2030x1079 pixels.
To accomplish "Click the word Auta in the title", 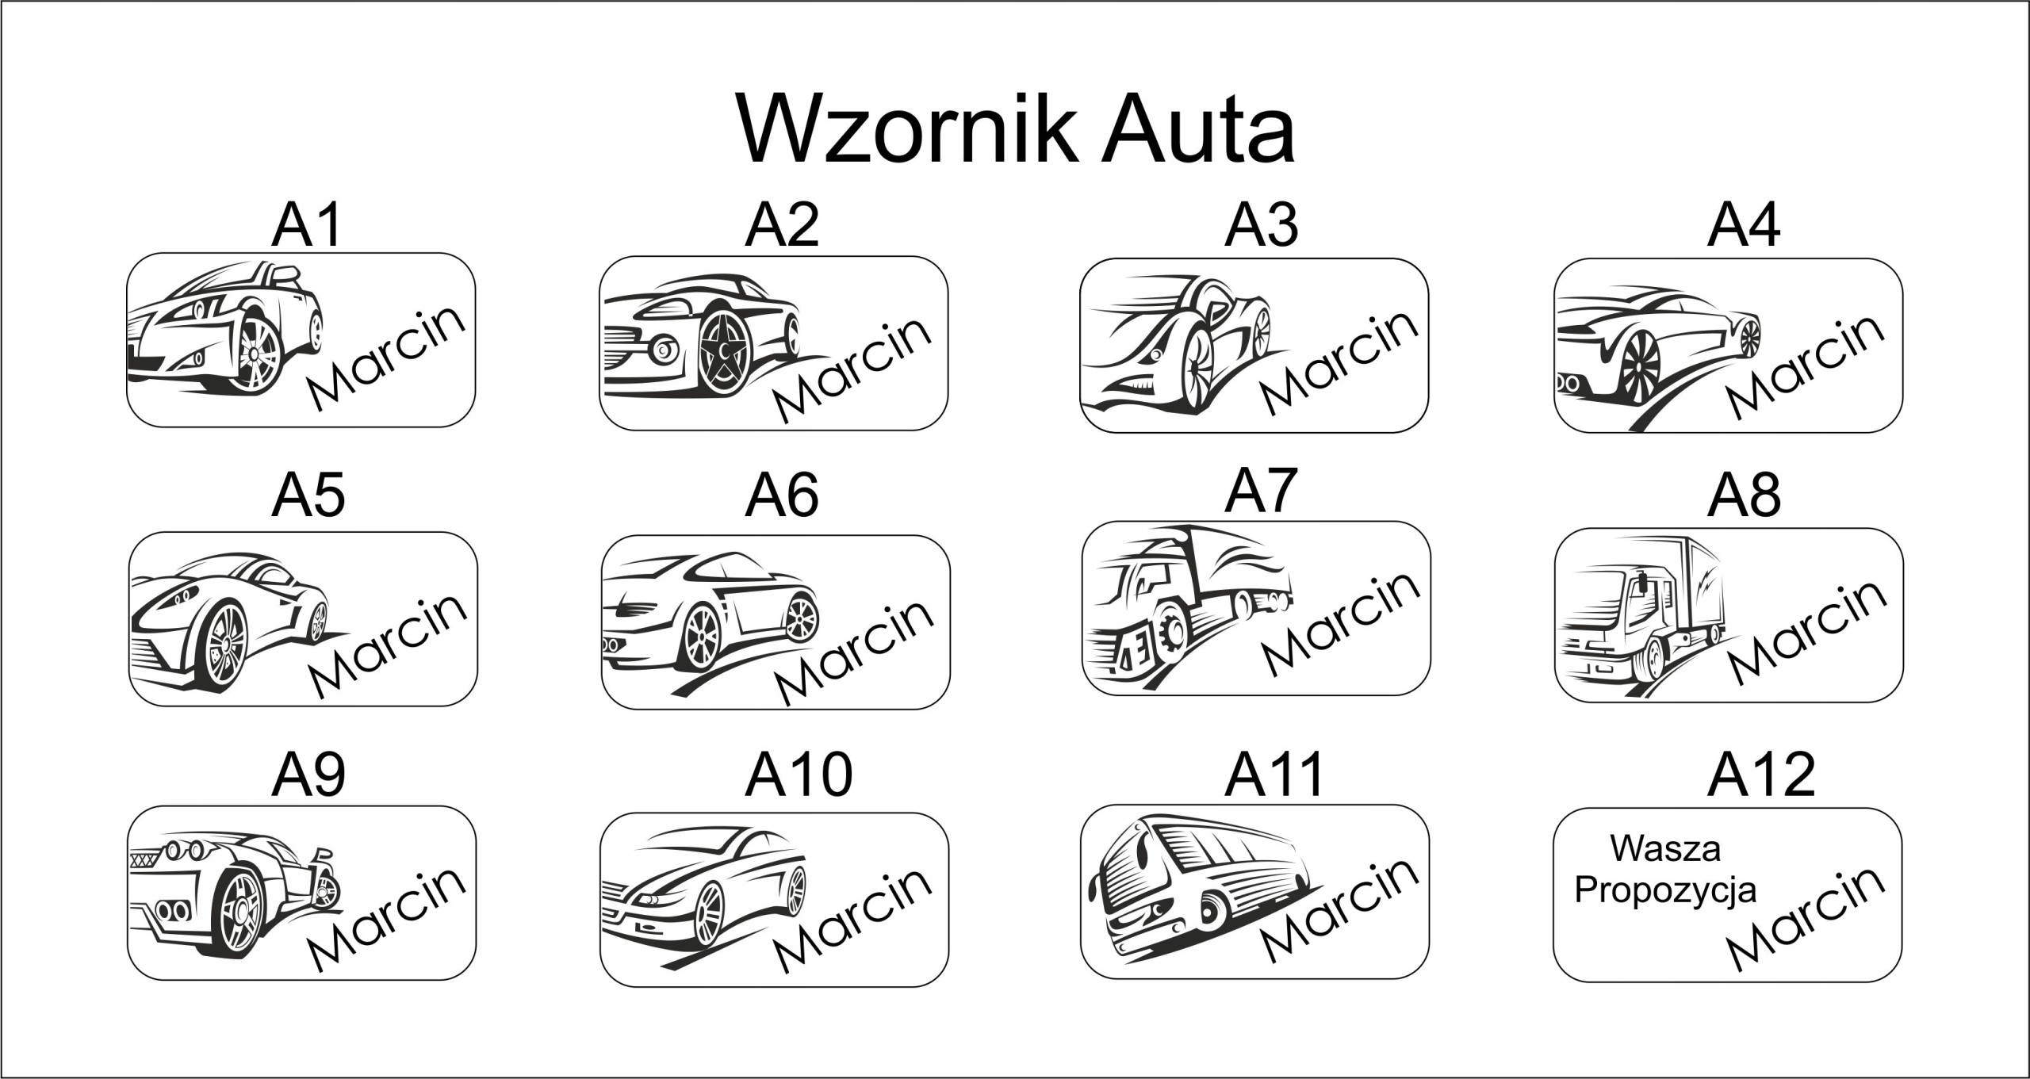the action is click(1199, 128).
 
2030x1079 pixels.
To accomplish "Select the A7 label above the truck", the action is click(1261, 491).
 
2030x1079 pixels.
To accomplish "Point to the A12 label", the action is click(1761, 775).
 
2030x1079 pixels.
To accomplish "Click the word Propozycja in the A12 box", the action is click(1665, 890).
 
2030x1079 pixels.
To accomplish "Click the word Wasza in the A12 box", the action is click(1665, 849).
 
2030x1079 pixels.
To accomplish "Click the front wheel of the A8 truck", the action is click(1653, 659).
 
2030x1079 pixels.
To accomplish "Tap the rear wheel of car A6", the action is click(800, 618).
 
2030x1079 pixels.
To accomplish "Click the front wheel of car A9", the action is click(240, 912).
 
